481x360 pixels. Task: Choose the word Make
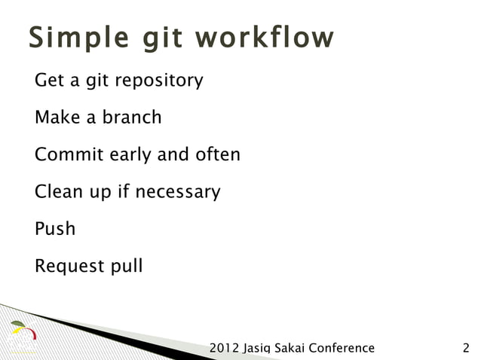tap(54, 117)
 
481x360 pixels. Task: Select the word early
tap(130, 155)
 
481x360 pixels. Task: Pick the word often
tap(216, 154)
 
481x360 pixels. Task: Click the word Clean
tap(57, 191)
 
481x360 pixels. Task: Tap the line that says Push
tap(55, 229)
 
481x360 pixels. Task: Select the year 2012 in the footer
tap(224, 348)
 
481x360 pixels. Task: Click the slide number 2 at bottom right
tap(465, 348)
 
